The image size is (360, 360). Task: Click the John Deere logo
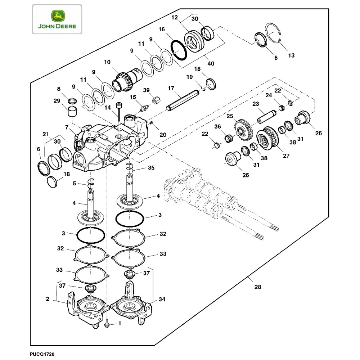click(57, 19)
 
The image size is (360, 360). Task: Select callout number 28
click(258, 287)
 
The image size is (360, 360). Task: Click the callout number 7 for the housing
click(67, 127)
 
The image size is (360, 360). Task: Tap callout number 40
click(211, 64)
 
